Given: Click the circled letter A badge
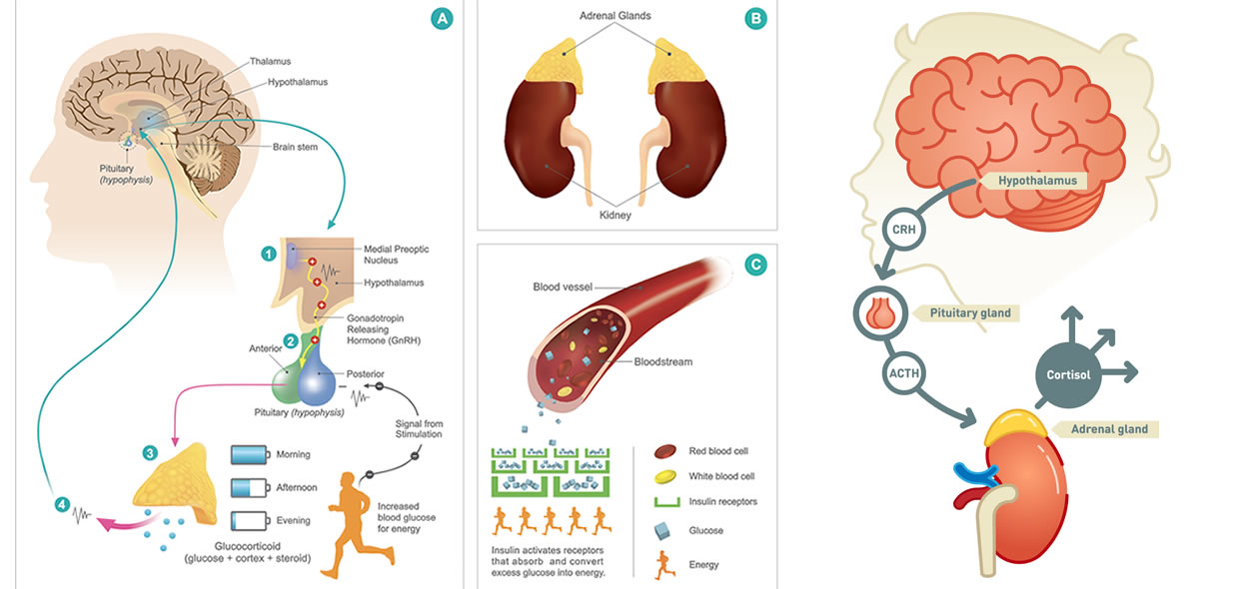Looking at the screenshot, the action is coord(442,18).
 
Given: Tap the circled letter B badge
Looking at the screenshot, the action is coord(755,18).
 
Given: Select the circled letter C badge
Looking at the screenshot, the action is coord(755,265).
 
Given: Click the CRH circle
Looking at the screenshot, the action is coord(903,229).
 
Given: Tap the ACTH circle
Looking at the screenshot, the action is coord(903,372).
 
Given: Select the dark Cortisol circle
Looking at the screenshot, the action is coord(1068,375).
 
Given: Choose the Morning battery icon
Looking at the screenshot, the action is coord(251,454).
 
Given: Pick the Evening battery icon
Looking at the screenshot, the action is coord(251,521).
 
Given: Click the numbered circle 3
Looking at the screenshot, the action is coord(150,452).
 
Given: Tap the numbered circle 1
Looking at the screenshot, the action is coord(269,255).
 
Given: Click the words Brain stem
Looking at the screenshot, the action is coord(295,147).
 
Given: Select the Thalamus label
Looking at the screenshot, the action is coord(270,61).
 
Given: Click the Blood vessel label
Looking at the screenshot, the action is coord(562,287).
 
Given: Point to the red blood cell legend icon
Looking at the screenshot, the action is coord(664,451).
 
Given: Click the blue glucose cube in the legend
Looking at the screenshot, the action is coord(662,531).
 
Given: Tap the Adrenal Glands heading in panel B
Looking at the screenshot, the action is coord(616,16).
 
